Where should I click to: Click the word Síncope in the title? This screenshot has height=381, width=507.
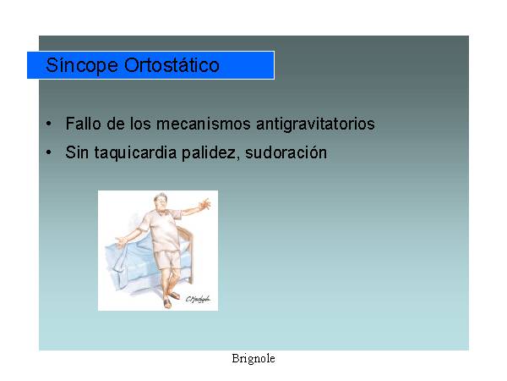tap(82, 65)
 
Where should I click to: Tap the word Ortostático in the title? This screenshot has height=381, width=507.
tap(172, 65)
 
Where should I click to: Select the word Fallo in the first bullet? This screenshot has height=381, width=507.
tap(83, 124)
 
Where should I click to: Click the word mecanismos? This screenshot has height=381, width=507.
tap(204, 124)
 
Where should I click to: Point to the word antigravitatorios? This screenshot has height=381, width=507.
tap(315, 124)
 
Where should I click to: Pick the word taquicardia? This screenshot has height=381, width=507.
tap(135, 153)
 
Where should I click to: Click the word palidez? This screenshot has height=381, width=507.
tap(210, 152)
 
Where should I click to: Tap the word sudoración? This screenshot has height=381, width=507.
tap(286, 152)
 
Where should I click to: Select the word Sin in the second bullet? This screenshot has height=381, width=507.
tap(77, 152)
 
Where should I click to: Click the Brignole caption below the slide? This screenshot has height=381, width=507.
tap(253, 359)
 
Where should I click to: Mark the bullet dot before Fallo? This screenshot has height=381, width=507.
tap(48, 124)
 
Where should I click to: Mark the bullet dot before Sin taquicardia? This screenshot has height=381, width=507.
tap(48, 152)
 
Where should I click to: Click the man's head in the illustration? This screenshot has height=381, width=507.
tap(161, 202)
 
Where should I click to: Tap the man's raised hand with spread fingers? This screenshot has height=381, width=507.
tap(205, 204)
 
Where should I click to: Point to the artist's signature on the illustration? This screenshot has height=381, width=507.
tap(198, 300)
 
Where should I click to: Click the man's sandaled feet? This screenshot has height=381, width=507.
tap(171, 300)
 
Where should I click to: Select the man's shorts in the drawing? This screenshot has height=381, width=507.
tap(168, 260)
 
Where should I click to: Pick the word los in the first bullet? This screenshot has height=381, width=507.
tap(140, 124)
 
